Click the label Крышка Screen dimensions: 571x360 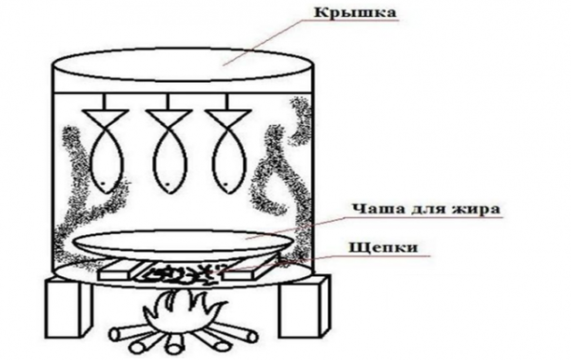[355, 12]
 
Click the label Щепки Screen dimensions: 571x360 [384, 248]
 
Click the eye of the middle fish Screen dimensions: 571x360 [167, 184]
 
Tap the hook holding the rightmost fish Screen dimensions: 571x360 [228, 102]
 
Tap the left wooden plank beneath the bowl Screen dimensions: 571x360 [120, 270]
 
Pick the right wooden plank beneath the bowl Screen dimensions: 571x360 [251, 269]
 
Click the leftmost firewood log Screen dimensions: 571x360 [127, 333]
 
